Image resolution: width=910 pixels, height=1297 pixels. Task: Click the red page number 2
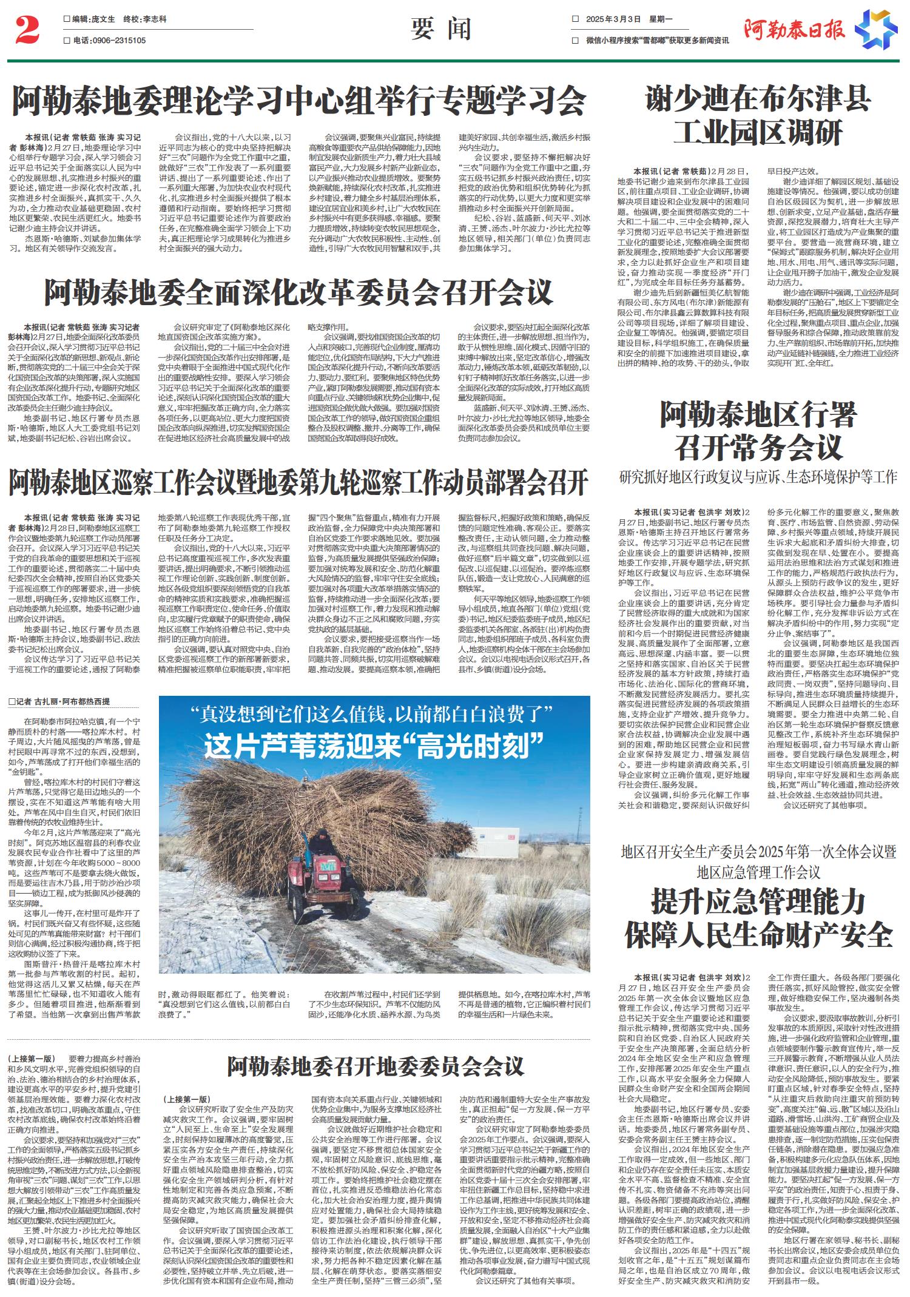[27, 31]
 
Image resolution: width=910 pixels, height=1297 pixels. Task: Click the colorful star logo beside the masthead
[875, 29]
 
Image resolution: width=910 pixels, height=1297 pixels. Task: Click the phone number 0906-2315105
[118, 41]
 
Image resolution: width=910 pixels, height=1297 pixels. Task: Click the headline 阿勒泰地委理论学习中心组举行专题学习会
[299, 101]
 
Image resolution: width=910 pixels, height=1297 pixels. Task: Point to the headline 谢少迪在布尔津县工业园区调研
[758, 115]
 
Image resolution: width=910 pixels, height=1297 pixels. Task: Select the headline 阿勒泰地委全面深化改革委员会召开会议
[298, 292]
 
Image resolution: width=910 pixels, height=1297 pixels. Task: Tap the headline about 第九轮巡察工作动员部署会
[298, 482]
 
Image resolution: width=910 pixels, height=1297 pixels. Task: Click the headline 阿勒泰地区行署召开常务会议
[758, 432]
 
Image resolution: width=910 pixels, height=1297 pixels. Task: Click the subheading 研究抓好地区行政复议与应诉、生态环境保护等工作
[758, 477]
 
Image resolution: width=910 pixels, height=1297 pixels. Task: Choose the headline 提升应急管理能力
[758, 900]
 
